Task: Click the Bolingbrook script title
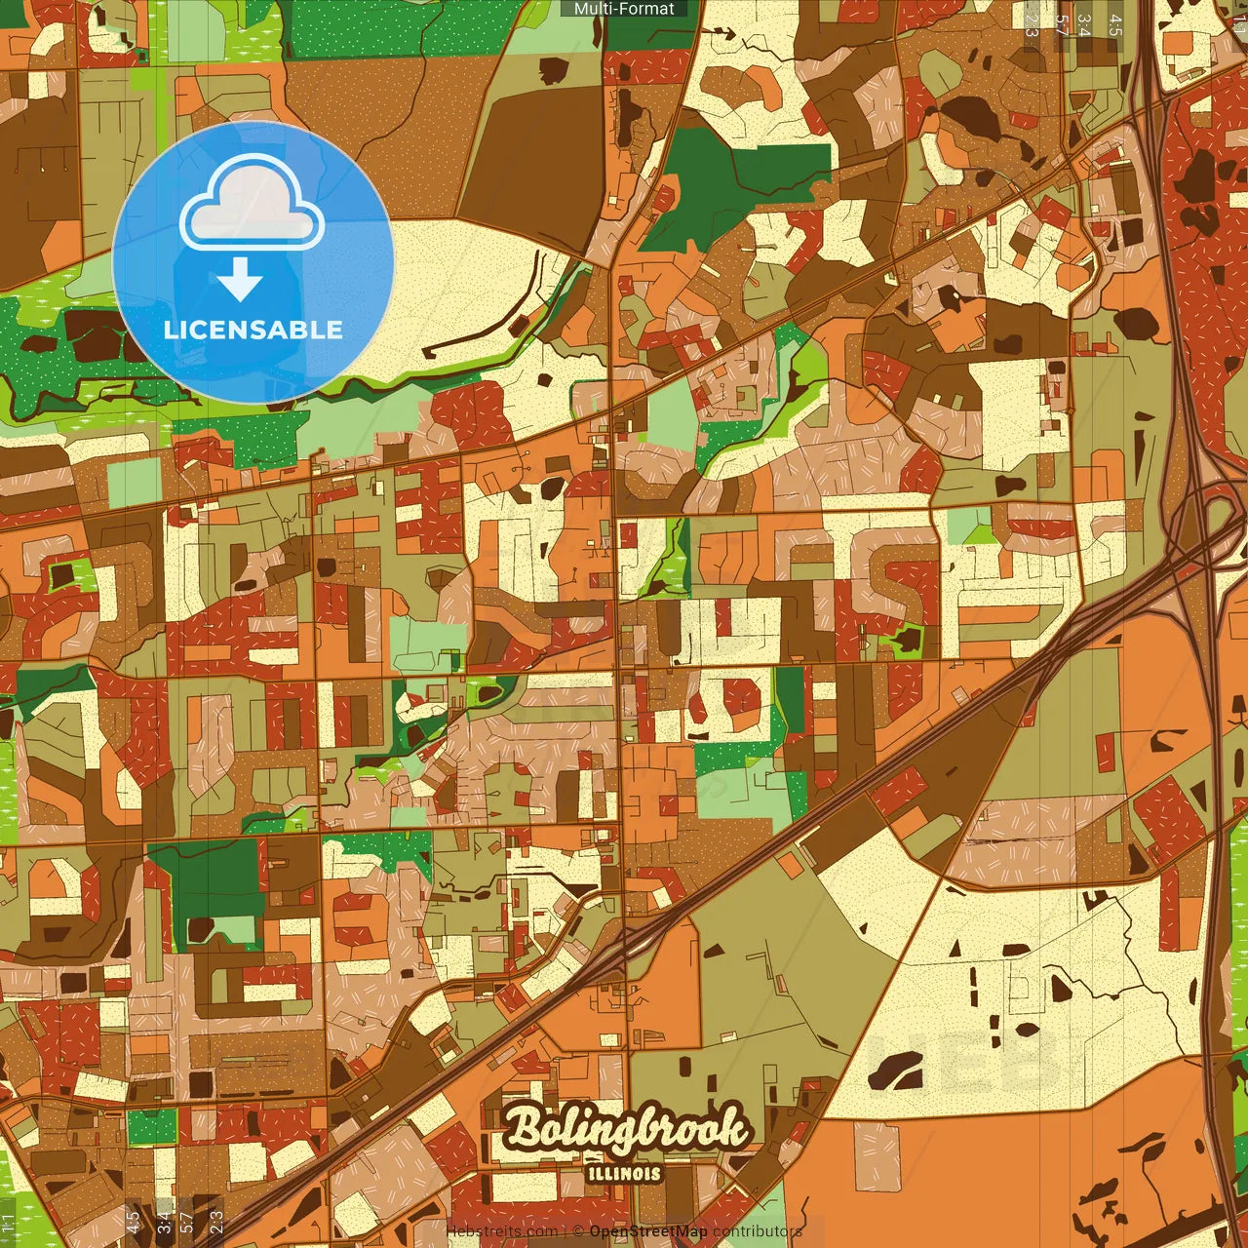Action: pyautogui.click(x=628, y=1130)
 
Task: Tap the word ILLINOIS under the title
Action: pyautogui.click(x=625, y=1174)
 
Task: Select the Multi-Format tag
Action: pyautogui.click(x=624, y=9)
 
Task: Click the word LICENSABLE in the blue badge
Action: pyautogui.click(x=253, y=330)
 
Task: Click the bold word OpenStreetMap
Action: pyautogui.click(x=648, y=1231)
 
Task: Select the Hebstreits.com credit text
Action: pyautogui.click(x=501, y=1231)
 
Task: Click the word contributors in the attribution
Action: pyautogui.click(x=758, y=1231)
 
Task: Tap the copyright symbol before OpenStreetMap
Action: pyautogui.click(x=578, y=1231)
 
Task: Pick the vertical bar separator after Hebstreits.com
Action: pyautogui.click(x=565, y=1231)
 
